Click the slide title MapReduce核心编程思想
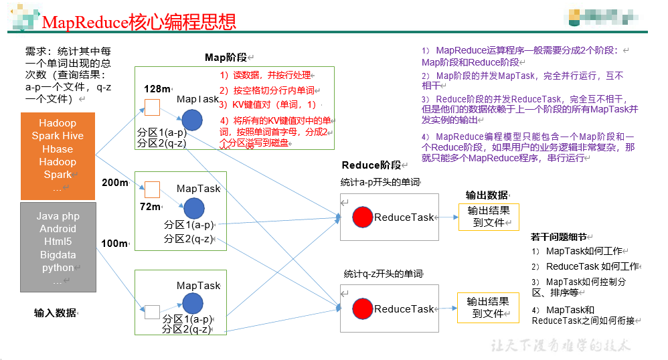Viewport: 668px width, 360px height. [x=139, y=21]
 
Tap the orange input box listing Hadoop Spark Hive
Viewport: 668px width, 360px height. [x=58, y=156]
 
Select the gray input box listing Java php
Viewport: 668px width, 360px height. [x=58, y=248]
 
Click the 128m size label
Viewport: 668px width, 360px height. [x=157, y=89]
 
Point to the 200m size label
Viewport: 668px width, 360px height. [x=114, y=182]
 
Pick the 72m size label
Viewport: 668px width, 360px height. [x=151, y=207]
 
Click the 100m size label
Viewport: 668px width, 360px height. [x=114, y=244]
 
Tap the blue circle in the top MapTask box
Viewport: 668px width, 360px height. [x=192, y=120]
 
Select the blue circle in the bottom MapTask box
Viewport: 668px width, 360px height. [x=193, y=304]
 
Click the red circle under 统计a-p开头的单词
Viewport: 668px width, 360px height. [x=362, y=217]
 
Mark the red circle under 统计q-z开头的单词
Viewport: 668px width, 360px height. [x=362, y=308]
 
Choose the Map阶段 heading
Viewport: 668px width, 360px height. [x=227, y=58]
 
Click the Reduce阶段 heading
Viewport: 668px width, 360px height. [x=371, y=165]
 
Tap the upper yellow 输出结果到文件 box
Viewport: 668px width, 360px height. [x=488, y=217]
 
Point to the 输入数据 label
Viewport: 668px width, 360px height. [x=56, y=312]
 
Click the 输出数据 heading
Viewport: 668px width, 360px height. [x=487, y=195]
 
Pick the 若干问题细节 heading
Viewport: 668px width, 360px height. [x=560, y=237]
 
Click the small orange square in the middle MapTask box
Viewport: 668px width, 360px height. [x=153, y=189]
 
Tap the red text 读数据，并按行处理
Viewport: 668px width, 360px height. [x=266, y=76]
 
